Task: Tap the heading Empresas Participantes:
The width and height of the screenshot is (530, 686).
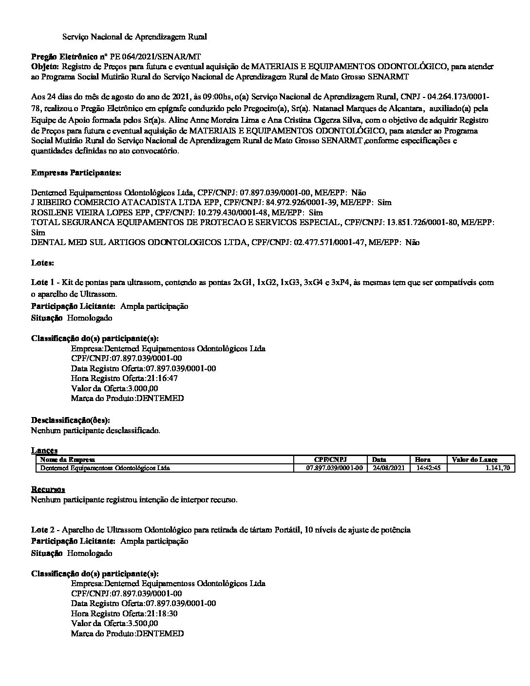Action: (x=76, y=172)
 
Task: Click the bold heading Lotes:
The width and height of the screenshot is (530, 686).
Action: (x=42, y=263)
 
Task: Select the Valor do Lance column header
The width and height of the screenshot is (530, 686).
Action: (x=474, y=459)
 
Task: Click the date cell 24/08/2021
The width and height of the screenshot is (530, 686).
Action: (x=388, y=468)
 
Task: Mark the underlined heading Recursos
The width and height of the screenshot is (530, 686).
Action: (x=48, y=489)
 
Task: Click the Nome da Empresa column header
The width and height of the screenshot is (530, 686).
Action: (x=68, y=459)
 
